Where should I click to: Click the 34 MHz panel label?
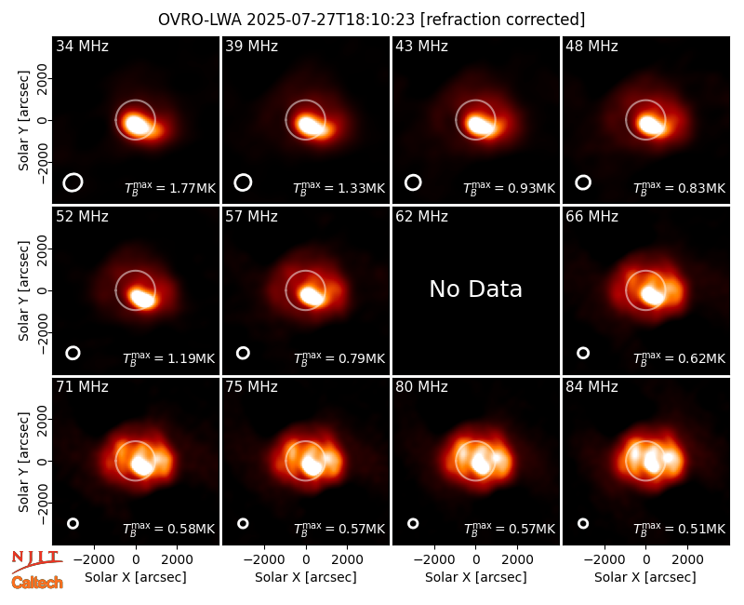click(82, 46)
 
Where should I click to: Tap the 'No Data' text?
click(475, 289)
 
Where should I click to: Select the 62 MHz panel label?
click(421, 217)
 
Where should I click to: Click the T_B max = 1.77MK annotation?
click(170, 188)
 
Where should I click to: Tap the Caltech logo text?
click(37, 583)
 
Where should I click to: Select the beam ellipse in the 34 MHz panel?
click(73, 182)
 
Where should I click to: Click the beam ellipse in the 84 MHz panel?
click(583, 523)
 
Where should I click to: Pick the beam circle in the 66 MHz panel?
click(583, 353)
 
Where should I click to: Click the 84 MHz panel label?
click(591, 387)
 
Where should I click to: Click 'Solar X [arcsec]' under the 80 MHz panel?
click(475, 577)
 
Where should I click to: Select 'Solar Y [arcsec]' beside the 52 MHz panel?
click(24, 290)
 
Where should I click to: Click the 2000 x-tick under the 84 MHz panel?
click(687, 560)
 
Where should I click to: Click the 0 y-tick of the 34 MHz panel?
click(43, 121)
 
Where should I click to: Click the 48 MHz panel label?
click(591, 46)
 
